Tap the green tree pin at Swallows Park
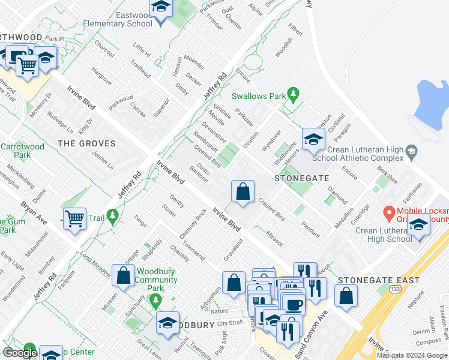[x=293, y=94]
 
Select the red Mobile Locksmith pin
[x=388, y=212]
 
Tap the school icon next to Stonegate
[x=313, y=140]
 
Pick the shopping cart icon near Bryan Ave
[x=74, y=219]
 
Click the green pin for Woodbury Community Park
[x=156, y=299]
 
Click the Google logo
[x=20, y=353]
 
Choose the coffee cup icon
[x=294, y=304]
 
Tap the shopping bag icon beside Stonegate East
[x=346, y=296]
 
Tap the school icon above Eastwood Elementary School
[x=161, y=8]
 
